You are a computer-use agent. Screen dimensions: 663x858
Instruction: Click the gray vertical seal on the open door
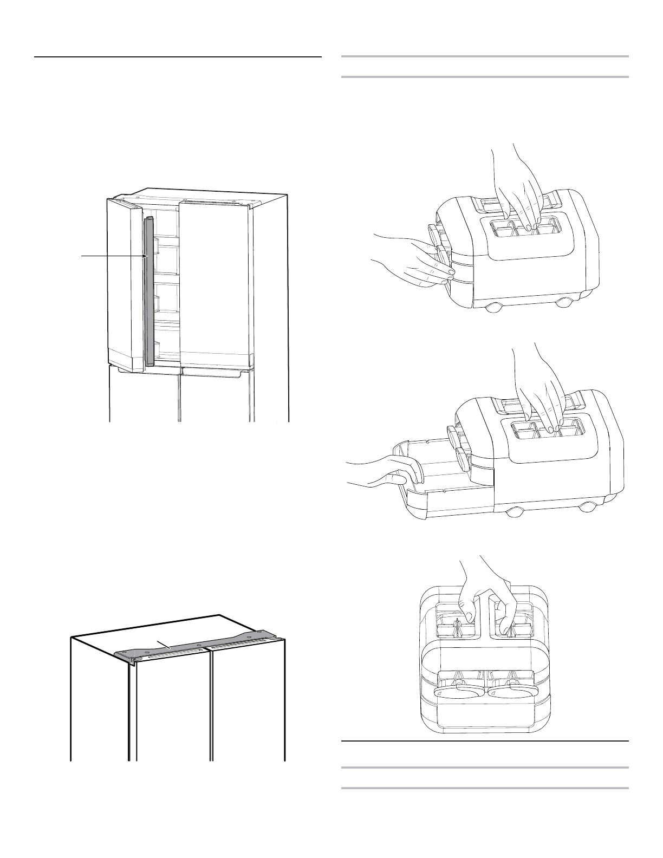pos(149,292)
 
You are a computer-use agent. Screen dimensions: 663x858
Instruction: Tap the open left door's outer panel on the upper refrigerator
pos(125,282)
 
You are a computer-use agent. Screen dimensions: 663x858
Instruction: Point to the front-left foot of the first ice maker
pos(493,308)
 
